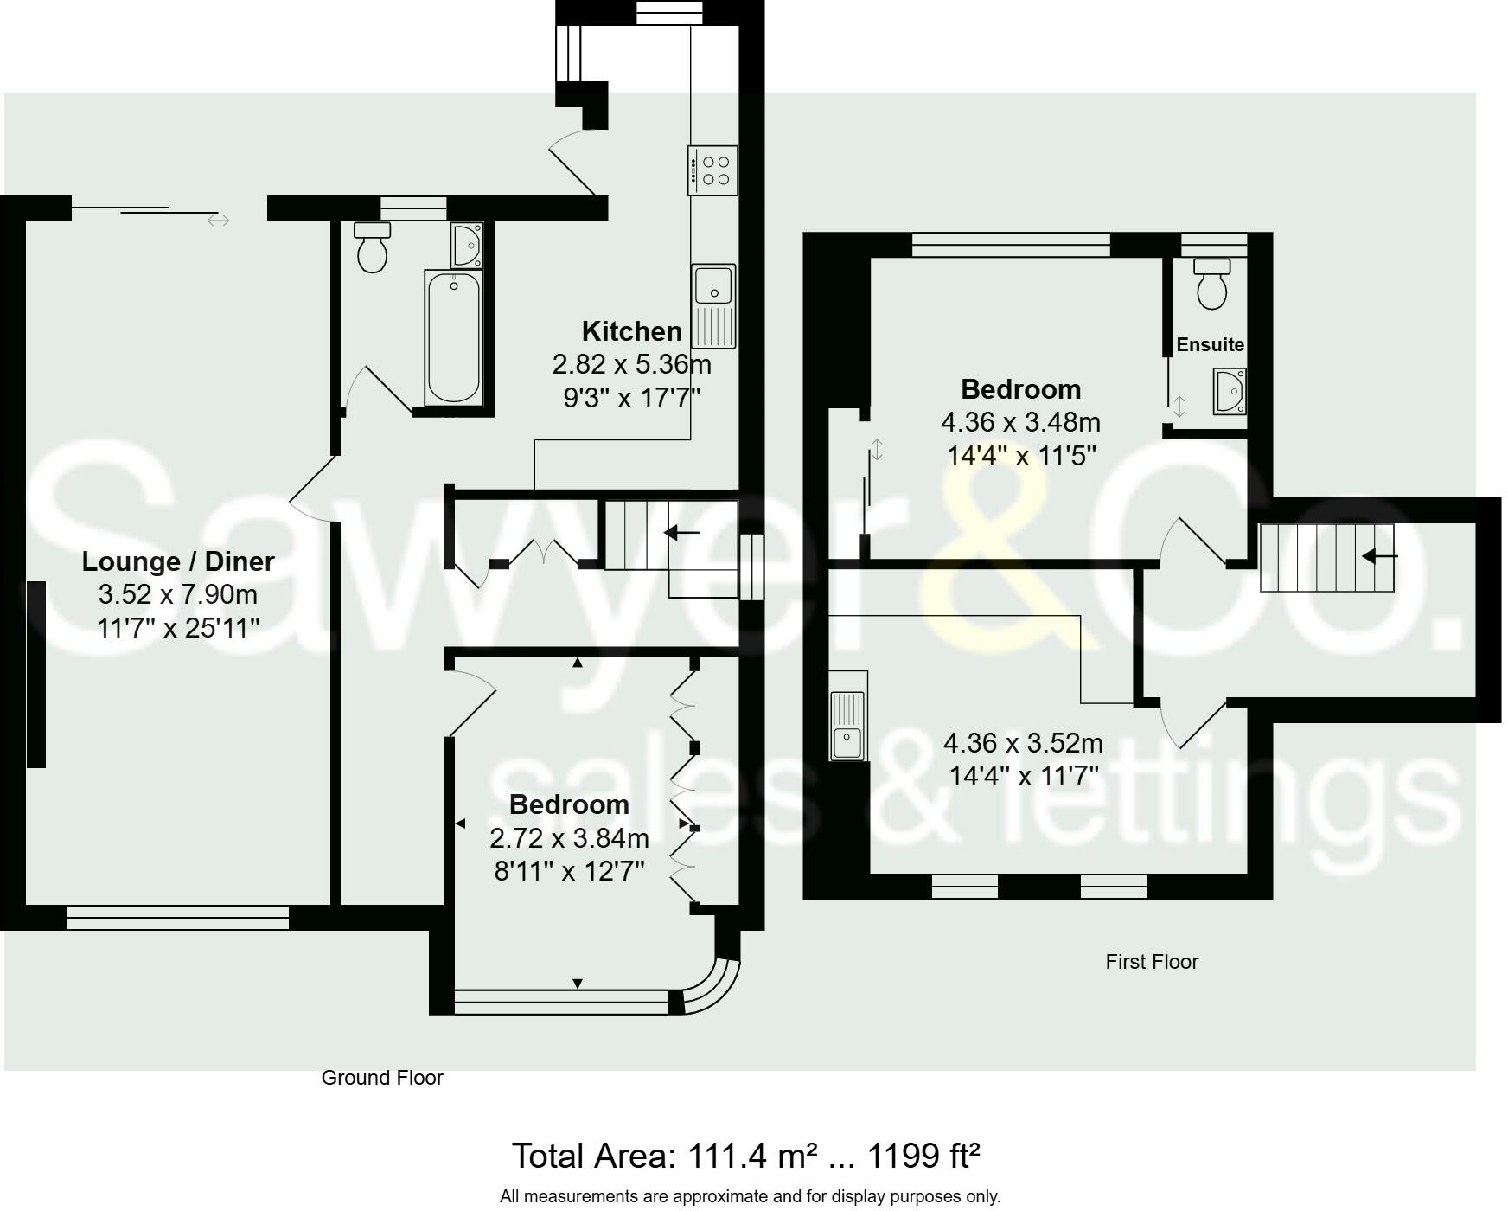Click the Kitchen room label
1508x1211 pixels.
click(631, 331)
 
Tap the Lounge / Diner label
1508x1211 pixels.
click(178, 561)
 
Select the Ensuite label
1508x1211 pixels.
click(1210, 344)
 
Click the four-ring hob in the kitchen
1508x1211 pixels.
click(713, 170)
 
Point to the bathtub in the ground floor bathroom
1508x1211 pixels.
click(453, 337)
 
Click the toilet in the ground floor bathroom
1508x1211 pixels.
click(373, 247)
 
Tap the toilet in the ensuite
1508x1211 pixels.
click(1211, 283)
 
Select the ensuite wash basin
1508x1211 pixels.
click(1230, 391)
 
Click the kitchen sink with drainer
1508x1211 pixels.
click(713, 306)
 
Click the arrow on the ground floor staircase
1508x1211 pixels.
click(681, 533)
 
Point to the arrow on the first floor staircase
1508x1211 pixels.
click(1379, 556)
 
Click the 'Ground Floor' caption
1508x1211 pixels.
click(382, 1078)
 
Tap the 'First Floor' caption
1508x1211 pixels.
click(1152, 962)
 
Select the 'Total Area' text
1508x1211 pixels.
click(745, 1156)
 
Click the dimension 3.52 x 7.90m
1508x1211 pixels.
click(178, 595)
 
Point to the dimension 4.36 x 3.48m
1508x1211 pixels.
click(1020, 423)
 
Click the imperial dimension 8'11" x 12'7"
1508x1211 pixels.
click(569, 871)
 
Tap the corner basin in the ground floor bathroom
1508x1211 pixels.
click(467, 246)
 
